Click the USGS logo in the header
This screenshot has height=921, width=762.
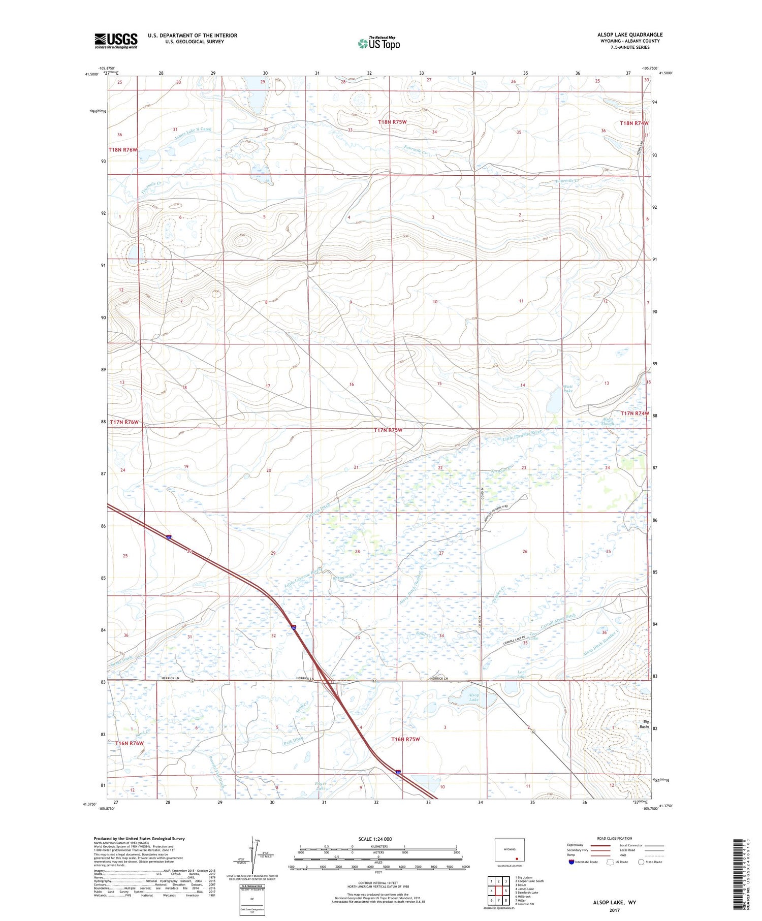tap(116, 41)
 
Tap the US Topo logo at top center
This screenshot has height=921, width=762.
tap(378, 43)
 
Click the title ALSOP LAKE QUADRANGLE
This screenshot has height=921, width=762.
tap(630, 35)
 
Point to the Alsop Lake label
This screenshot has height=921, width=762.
tap(473, 697)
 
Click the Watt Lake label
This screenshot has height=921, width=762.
tap(568, 388)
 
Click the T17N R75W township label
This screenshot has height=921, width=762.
tap(388, 430)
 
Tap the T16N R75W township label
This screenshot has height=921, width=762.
tap(405, 739)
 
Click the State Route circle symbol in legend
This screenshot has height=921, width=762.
tap(641, 862)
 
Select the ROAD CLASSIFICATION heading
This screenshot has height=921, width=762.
tap(615, 838)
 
